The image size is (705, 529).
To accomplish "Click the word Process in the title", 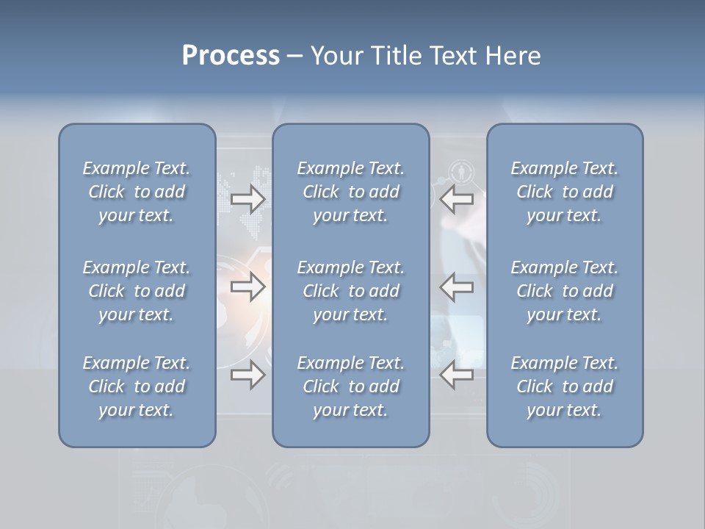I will (231, 56).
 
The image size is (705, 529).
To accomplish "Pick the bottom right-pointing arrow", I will (247, 375).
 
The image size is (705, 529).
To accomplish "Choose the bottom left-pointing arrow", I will (457, 375).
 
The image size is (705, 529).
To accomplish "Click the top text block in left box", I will (137, 192).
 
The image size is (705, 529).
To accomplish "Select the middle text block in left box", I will (137, 291).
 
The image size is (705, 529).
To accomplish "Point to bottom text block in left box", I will (137, 386).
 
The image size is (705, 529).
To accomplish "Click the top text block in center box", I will (350, 192).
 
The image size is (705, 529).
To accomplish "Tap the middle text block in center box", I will (350, 291).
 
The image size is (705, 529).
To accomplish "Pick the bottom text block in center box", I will (350, 386).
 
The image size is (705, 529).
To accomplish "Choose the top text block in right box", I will (564, 192).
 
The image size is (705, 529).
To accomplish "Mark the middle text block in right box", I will (564, 291).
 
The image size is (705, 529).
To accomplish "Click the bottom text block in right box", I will (564, 386).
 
